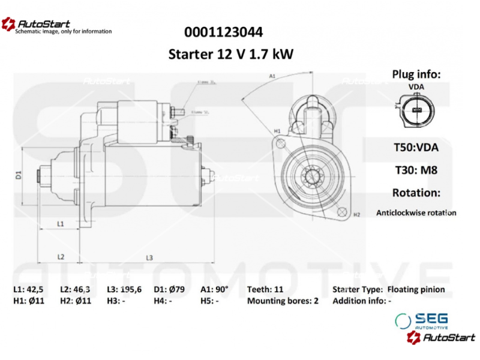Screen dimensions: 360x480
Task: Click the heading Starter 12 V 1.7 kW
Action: tap(231, 55)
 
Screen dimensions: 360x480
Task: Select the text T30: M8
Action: tap(416, 170)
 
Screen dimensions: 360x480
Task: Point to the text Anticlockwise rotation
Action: tap(416, 212)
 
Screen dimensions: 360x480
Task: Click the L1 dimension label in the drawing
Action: tap(61, 223)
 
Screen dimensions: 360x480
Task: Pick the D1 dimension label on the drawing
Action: tap(19, 175)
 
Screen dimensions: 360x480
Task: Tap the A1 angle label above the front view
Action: tap(272, 77)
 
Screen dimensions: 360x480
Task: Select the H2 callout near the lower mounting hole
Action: tap(356, 214)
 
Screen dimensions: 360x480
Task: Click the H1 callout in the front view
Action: tap(277, 130)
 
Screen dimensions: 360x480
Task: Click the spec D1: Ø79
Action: tap(170, 289)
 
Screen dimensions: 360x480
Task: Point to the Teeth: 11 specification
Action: tap(265, 289)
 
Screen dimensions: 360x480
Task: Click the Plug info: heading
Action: tap(416, 74)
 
